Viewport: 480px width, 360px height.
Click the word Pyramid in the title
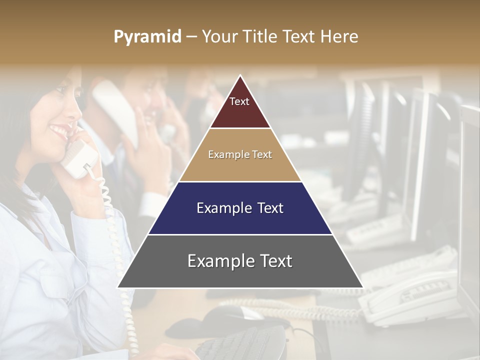pos(147,37)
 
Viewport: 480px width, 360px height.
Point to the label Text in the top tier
pos(239,101)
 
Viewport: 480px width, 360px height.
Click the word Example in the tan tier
pos(225,154)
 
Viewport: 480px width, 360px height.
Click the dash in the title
pos(191,37)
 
